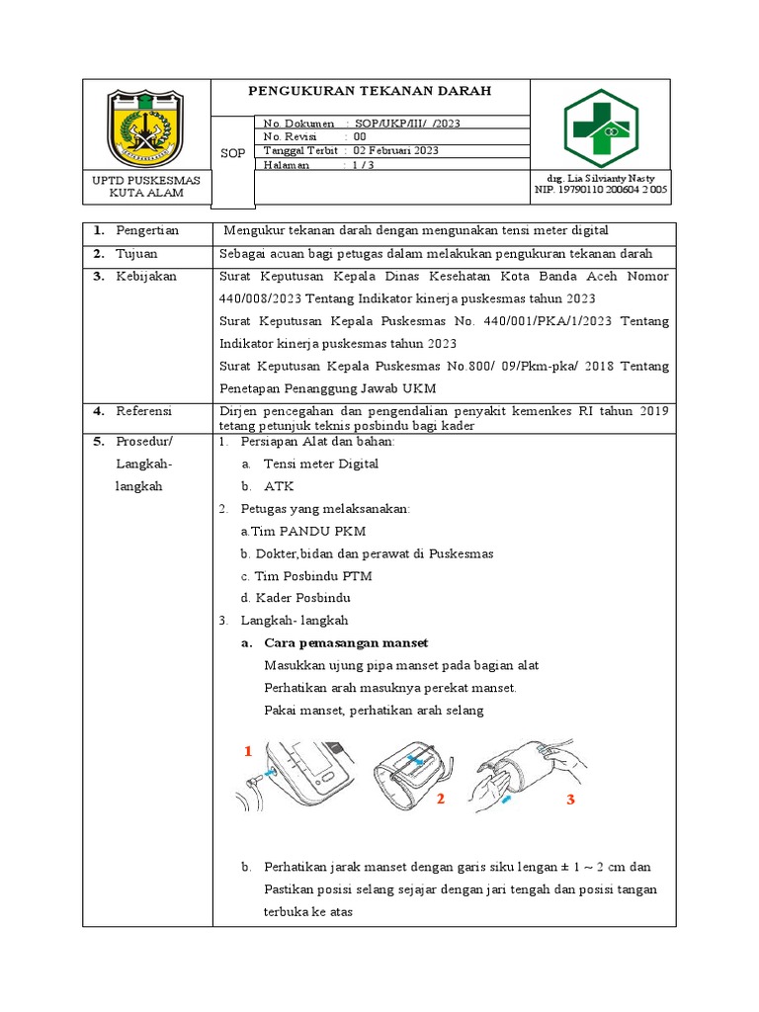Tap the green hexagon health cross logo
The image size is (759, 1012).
tap(601, 127)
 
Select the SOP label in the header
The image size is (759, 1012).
tap(232, 153)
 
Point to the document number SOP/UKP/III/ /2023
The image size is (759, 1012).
tap(407, 124)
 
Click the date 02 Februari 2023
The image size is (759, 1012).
tap(396, 151)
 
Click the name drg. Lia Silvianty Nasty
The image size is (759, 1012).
tap(601, 176)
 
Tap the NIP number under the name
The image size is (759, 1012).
tap(601, 189)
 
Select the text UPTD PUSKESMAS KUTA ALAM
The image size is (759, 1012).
tap(145, 187)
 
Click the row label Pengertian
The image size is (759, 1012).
tap(147, 230)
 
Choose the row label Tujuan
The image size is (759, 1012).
tap(137, 254)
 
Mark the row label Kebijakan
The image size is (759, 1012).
tap(146, 277)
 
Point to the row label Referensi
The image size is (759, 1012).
tap(144, 410)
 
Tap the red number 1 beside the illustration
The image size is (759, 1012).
tap(249, 752)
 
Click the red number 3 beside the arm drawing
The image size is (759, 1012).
tap(570, 800)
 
